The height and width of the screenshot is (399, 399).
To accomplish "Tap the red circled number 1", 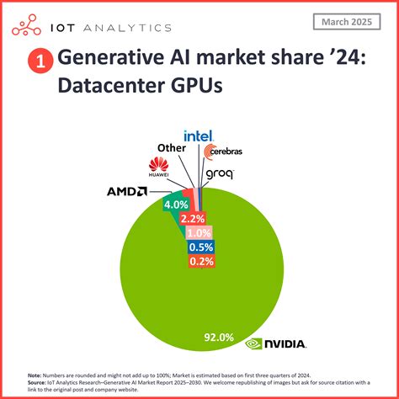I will [40, 62].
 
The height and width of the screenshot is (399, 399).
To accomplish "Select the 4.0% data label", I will [175, 205].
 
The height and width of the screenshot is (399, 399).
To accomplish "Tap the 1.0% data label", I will [201, 232].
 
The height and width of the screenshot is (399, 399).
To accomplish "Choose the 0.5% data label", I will [201, 247].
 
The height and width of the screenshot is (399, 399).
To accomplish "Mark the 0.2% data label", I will [201, 261].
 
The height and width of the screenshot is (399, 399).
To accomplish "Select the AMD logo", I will [127, 191].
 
